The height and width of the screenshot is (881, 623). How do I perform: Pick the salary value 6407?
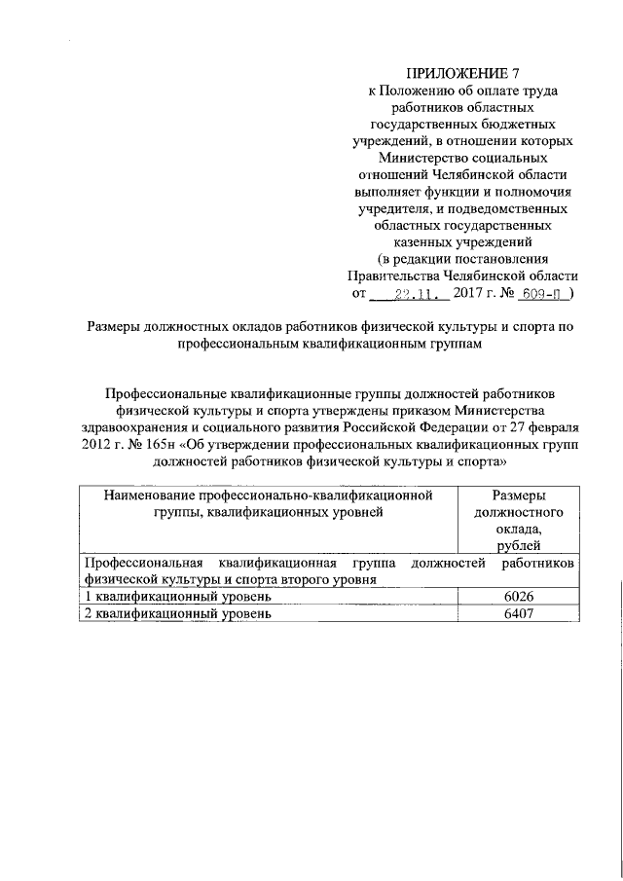518,614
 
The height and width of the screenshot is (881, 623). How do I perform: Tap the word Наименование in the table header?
143,495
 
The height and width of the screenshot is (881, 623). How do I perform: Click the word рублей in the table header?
518,545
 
